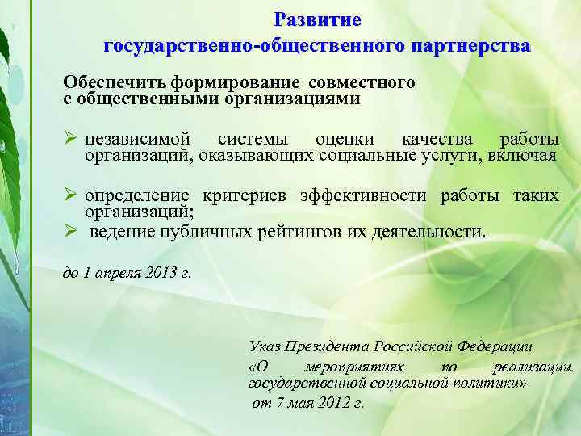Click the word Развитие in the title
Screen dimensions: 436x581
pos(317,19)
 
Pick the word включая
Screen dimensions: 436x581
pos(522,155)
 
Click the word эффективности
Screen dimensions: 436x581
pos(369,195)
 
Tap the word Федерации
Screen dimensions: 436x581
pos(495,347)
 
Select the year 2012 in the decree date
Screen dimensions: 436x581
pos(334,402)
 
